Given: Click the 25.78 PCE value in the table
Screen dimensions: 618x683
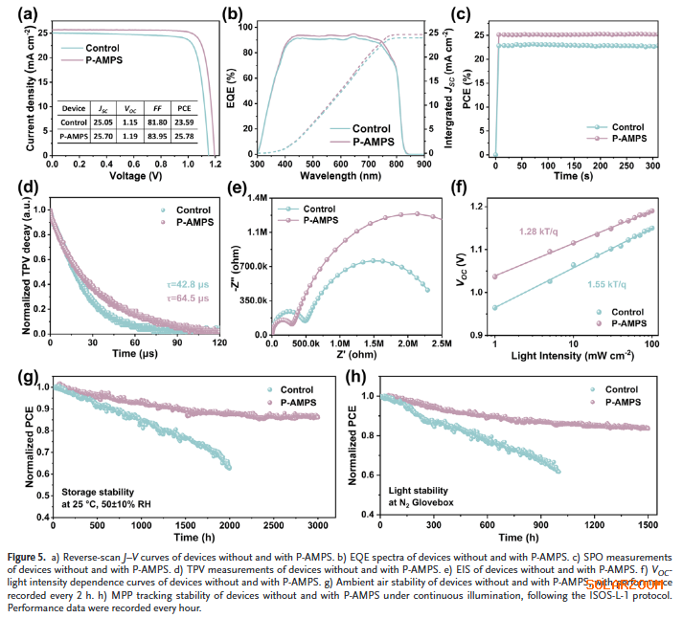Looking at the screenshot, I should (198, 138).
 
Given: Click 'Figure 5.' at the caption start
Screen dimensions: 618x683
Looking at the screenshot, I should (29, 556).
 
